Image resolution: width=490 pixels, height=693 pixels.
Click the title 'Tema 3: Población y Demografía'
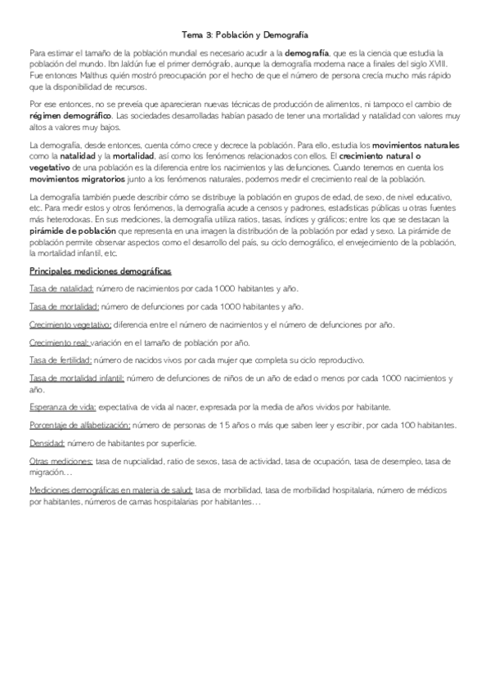pyautogui.click(x=245, y=36)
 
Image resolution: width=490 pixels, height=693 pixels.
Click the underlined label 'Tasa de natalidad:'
pyautogui.click(x=61, y=288)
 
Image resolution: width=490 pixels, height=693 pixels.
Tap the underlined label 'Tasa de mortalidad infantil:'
pyautogui.click(x=77, y=378)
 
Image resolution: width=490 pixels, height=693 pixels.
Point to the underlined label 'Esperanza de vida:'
pyautogui.click(x=62, y=407)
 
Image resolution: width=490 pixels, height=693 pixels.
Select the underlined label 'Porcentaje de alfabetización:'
pyautogui.click(x=79, y=425)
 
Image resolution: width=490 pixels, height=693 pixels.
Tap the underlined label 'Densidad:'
pyautogui.click(x=47, y=443)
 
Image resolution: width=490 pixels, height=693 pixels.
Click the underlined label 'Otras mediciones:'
pyautogui.click(x=60, y=462)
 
